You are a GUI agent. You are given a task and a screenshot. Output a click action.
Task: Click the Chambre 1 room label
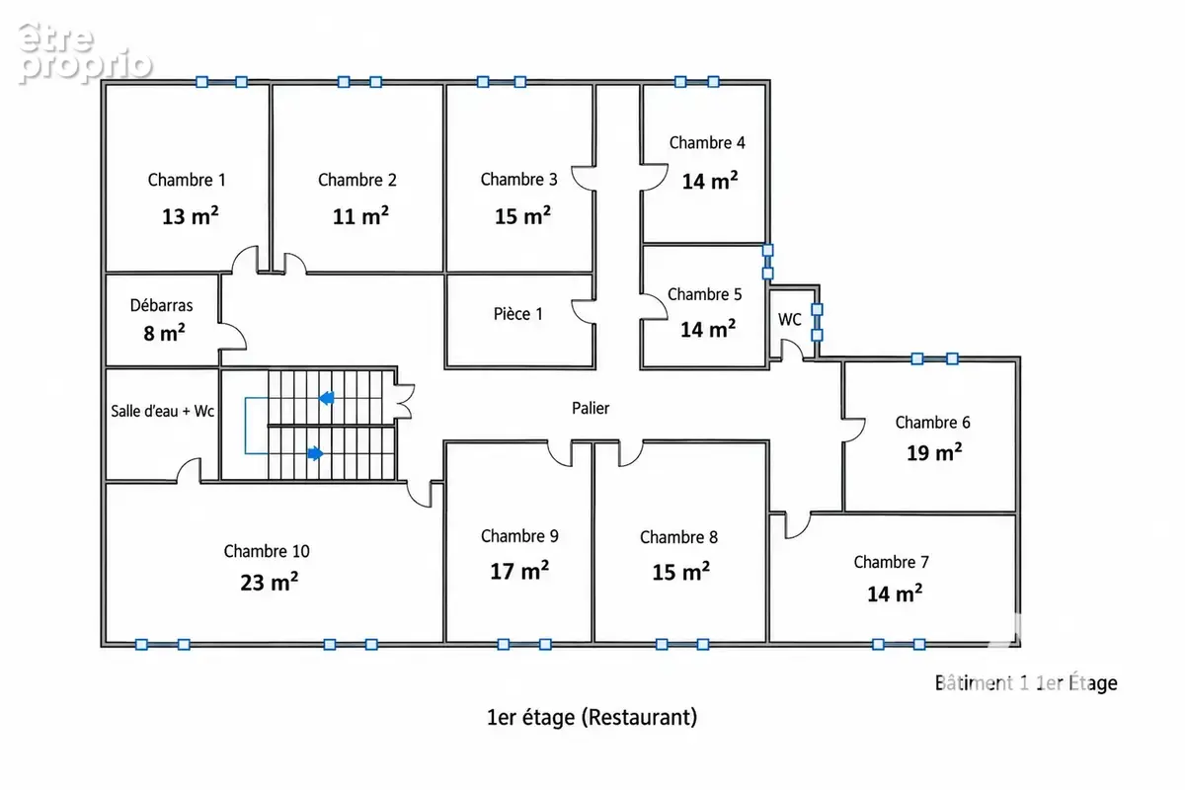(187, 180)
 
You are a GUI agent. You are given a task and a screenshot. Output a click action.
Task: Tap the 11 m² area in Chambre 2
(360, 216)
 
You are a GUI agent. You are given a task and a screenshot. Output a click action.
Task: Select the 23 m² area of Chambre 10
(270, 582)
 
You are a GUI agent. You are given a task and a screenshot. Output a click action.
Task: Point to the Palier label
(591, 408)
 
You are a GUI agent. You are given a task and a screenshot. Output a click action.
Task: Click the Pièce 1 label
(517, 314)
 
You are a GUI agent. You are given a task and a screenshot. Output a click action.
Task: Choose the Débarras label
(161, 305)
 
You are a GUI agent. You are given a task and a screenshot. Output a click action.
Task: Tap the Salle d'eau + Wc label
(162, 411)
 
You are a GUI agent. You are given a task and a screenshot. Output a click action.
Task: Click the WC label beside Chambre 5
(790, 320)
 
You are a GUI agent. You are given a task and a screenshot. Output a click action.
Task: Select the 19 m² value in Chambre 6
(934, 452)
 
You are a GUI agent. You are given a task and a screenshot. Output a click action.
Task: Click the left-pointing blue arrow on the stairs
(327, 398)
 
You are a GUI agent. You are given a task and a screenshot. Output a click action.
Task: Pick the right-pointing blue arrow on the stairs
(315, 453)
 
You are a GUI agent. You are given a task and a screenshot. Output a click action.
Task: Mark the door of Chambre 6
(854, 430)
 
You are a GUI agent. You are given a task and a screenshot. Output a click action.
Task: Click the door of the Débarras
(233, 336)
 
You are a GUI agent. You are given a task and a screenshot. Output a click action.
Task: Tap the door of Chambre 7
(797, 525)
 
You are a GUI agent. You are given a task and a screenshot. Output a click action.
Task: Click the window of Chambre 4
(697, 82)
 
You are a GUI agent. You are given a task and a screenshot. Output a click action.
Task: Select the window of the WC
(817, 322)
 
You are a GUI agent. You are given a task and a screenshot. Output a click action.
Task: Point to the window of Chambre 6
(935, 359)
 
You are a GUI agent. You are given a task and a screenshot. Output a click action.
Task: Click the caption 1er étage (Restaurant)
(592, 718)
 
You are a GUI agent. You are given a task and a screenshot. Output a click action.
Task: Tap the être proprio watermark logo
(85, 53)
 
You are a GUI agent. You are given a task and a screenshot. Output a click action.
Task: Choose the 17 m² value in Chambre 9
(519, 571)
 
